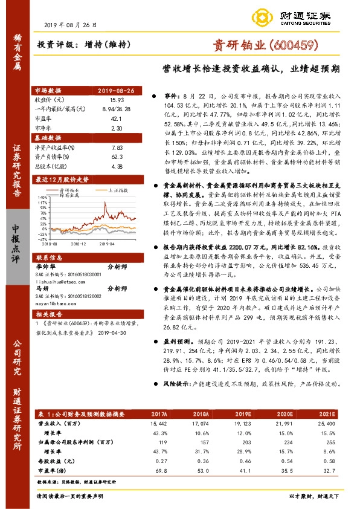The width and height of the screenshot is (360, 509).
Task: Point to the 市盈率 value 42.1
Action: [117, 119]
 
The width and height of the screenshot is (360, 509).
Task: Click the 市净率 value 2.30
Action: [117, 129]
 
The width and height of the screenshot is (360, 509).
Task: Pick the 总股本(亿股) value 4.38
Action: [117, 165]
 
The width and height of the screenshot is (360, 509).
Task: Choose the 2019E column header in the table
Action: [245, 414]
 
